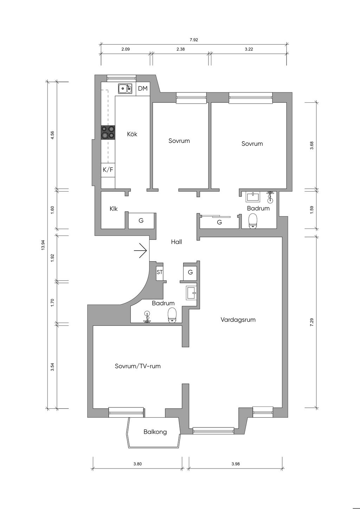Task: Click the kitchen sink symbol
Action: [125, 89]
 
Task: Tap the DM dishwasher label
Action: [143, 89]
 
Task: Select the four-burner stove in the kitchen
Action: [108, 133]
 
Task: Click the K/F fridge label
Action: [108, 170]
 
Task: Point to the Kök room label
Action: [132, 134]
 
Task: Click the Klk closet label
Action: [114, 209]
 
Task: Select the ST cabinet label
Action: [160, 272]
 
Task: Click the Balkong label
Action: [155, 432]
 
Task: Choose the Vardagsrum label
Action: [238, 320]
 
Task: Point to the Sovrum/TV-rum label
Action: [138, 366]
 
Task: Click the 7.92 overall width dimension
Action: [194, 40]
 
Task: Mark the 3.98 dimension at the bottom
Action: [236, 464]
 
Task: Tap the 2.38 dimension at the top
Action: [180, 50]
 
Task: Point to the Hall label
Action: [176, 242]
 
